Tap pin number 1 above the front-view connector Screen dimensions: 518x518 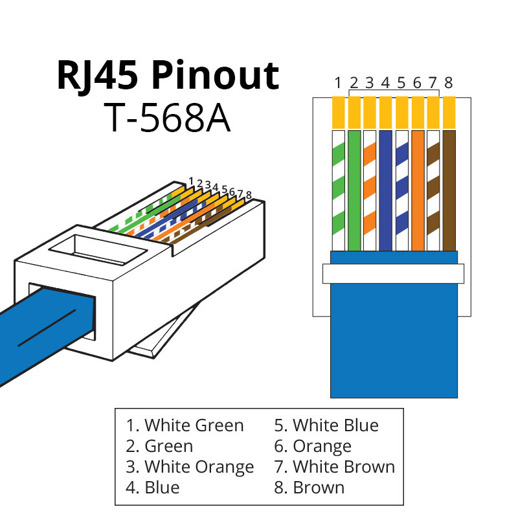tap(338, 82)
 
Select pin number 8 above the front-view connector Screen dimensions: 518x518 tap(449, 82)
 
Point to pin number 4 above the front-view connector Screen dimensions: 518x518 tap(385, 82)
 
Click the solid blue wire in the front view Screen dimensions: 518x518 tap(386, 190)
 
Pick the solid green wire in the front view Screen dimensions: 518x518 tap(354, 190)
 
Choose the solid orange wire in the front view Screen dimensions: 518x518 tap(418, 190)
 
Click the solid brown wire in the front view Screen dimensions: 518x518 tap(449, 190)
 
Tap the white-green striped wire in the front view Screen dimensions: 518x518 tap(338, 190)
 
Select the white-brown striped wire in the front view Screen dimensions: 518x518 tap(433, 190)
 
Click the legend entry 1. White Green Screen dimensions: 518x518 tap(185, 425)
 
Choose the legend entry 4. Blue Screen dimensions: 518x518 tap(153, 487)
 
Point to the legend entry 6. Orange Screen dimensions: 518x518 tap(313, 446)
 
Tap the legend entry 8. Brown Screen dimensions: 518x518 tap(309, 487)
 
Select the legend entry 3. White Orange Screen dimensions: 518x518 tap(190, 467)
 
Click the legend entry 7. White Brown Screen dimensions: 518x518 tap(334, 467)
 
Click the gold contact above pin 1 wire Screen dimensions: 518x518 tap(338, 112)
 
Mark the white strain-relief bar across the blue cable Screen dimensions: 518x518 tap(393, 273)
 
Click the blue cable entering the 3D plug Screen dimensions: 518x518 tap(39, 327)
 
